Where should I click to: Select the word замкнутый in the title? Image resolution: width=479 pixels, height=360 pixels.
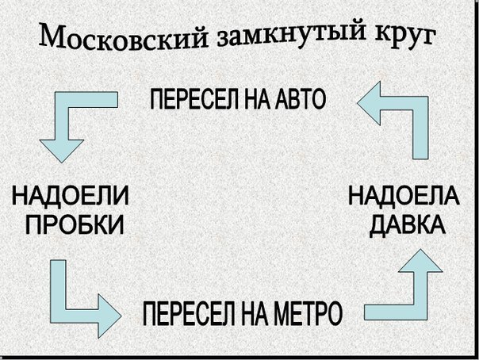pyautogui.click(x=293, y=36)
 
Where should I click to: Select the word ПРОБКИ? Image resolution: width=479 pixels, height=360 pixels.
pyautogui.click(x=75, y=224)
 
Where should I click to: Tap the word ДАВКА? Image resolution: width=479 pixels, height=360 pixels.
pyautogui.click(x=406, y=224)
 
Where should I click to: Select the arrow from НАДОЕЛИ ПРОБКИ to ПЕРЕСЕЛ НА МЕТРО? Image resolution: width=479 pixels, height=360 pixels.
pyautogui.click(x=75, y=293)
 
